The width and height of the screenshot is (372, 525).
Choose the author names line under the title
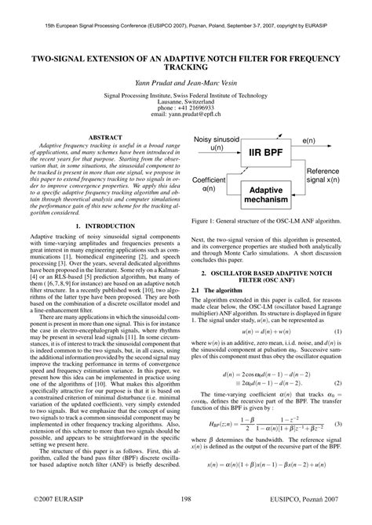coord(186,81)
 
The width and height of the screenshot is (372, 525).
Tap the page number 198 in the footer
coord(186,498)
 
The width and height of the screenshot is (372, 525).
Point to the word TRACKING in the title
coord(186,68)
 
